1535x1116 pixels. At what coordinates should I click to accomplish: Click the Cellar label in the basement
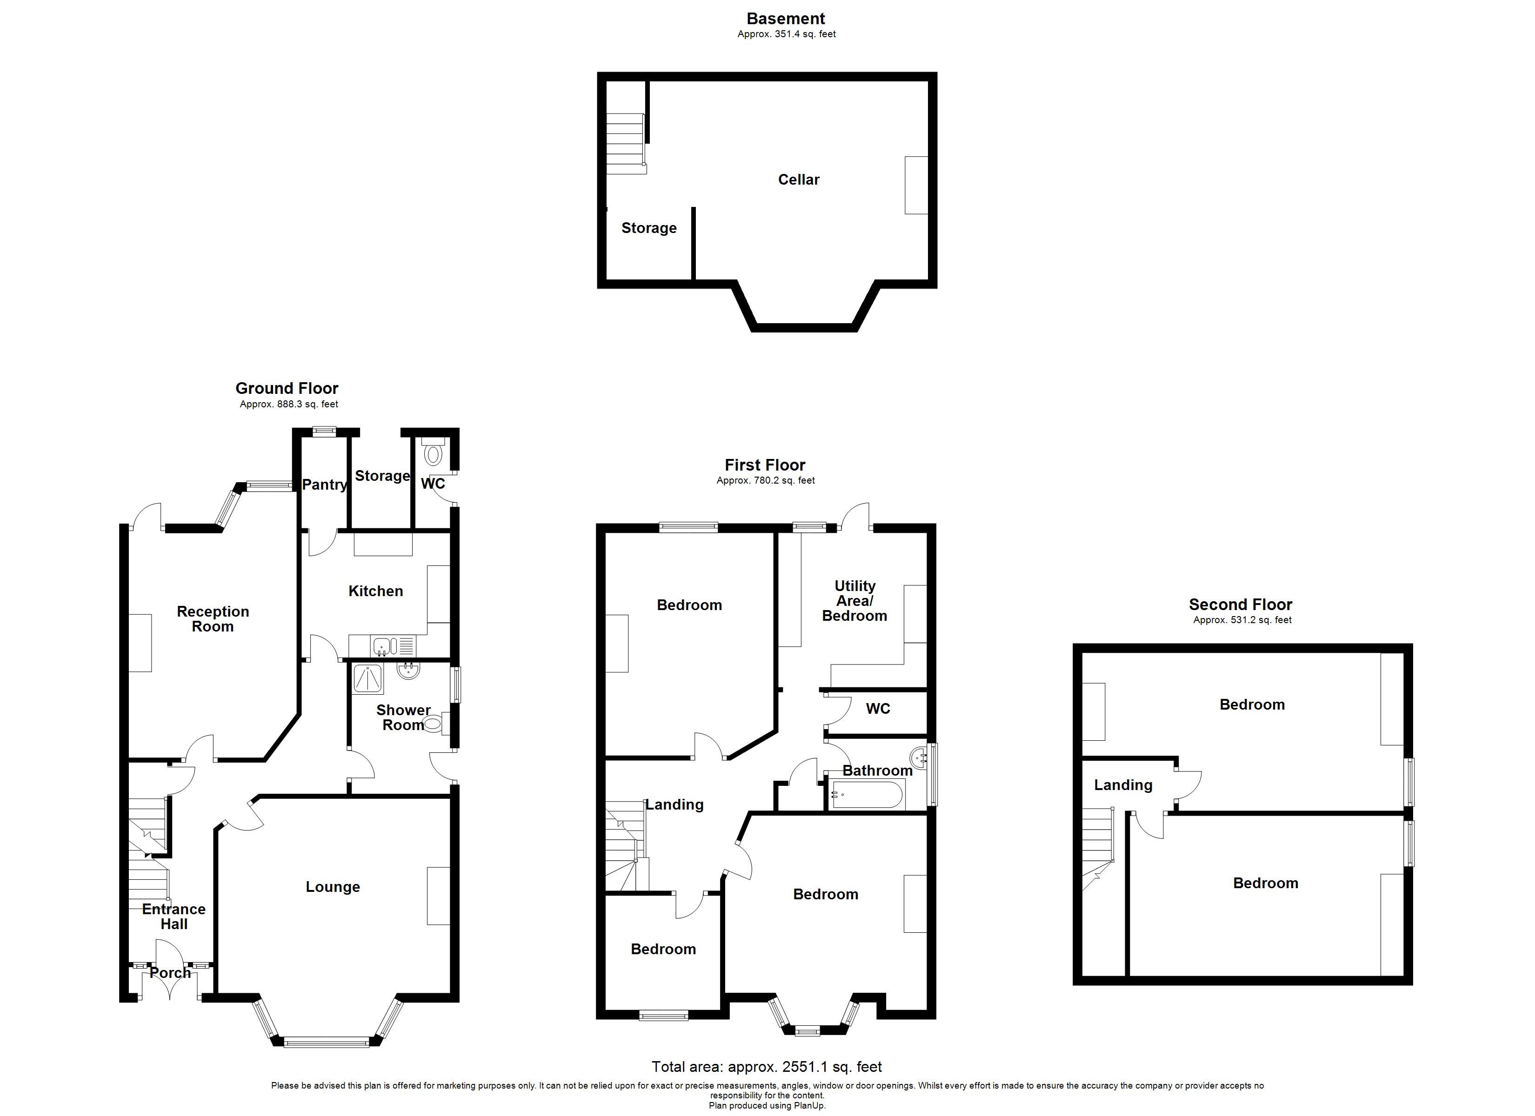[x=799, y=179]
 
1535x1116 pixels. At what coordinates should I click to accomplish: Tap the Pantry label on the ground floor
[x=324, y=485]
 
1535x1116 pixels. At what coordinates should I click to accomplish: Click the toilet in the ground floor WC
[x=433, y=452]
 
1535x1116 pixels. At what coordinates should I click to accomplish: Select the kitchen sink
[x=382, y=646]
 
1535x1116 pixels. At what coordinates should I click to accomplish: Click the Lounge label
[x=332, y=887]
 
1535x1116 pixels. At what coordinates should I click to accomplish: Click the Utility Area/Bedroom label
[x=854, y=600]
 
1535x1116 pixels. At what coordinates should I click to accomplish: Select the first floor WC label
[x=878, y=709]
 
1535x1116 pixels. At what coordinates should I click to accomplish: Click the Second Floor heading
[x=1241, y=604]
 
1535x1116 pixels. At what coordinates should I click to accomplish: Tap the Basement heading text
[x=786, y=19]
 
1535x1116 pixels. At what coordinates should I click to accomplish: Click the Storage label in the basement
[x=648, y=228]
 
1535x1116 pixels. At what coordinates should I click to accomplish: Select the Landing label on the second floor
[x=1123, y=785]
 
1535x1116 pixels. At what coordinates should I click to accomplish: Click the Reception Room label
[x=213, y=618]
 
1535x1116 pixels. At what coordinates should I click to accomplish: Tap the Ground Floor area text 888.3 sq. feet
[x=289, y=405]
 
